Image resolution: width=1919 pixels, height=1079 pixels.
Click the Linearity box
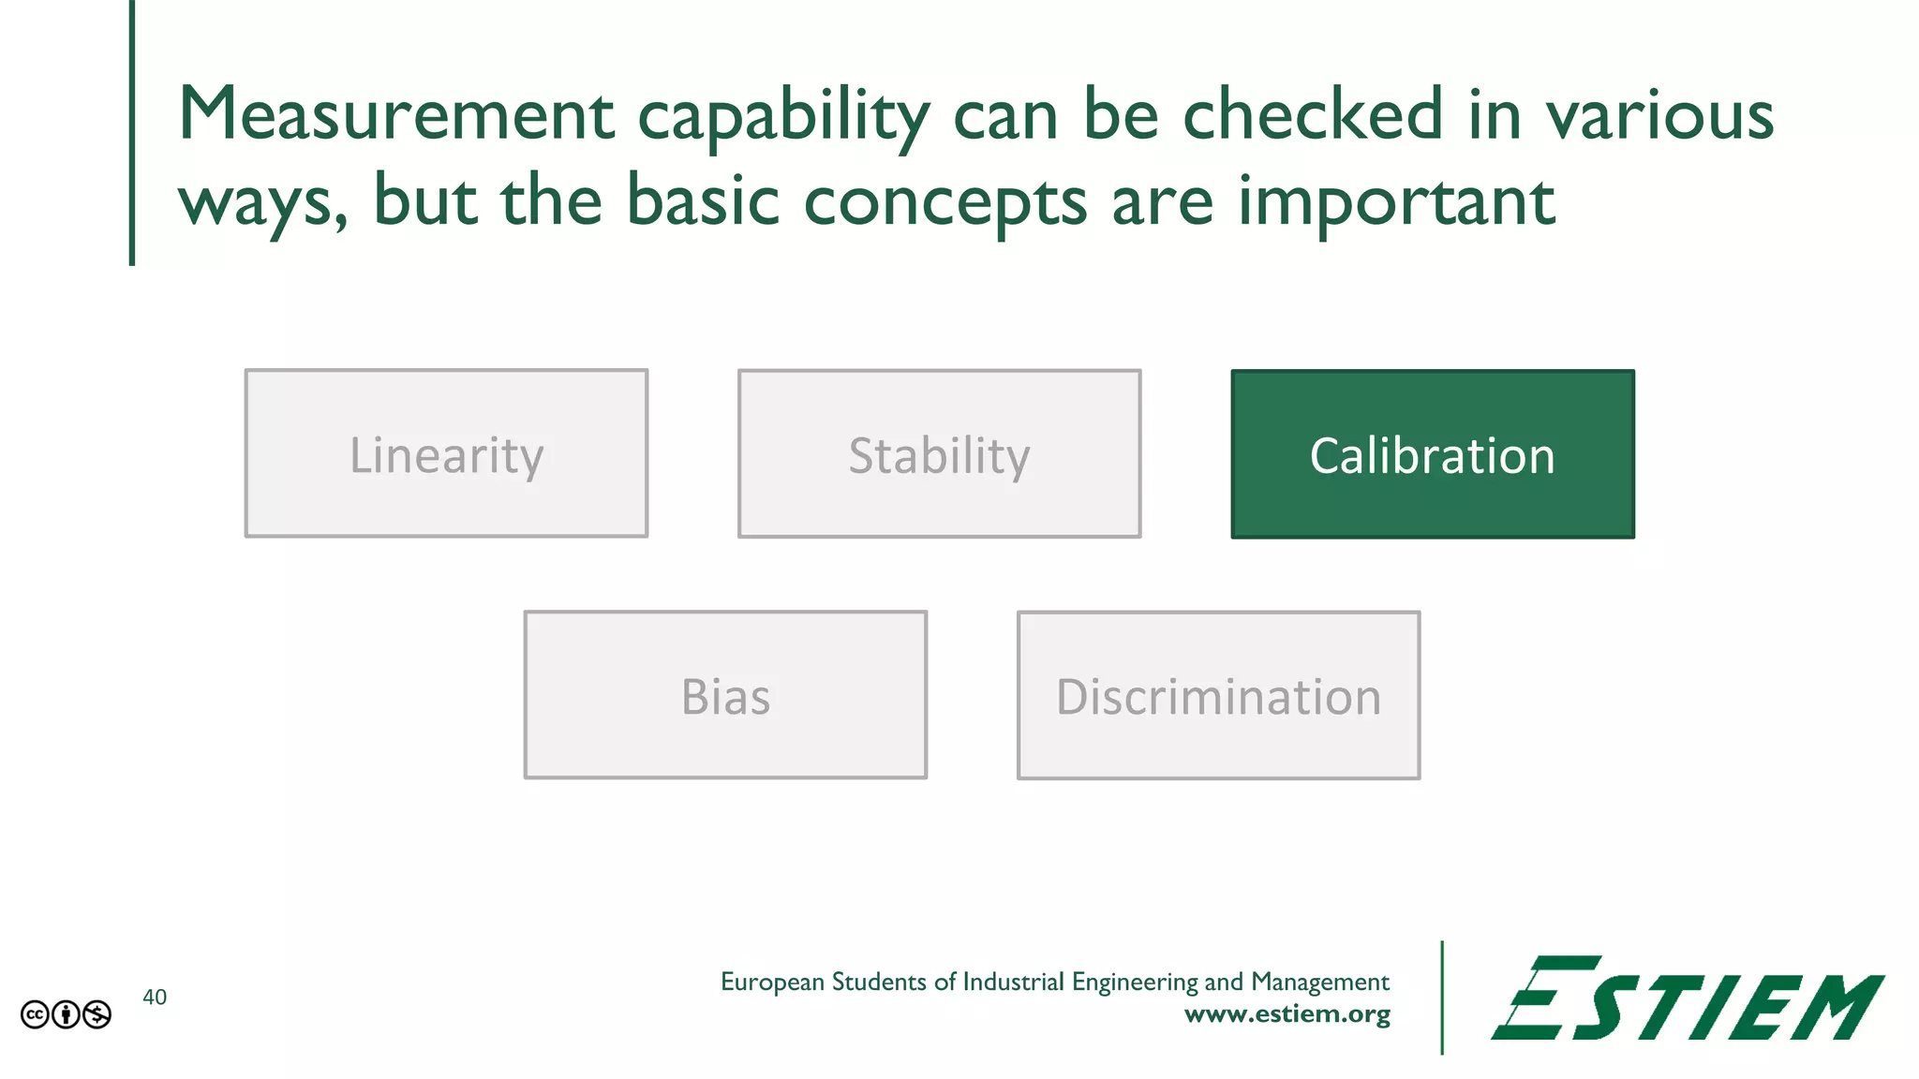[446, 453]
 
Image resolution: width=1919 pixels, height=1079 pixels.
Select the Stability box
[939, 453]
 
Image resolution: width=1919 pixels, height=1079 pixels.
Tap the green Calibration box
[1433, 453]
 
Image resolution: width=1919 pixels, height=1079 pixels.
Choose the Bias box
[725, 695]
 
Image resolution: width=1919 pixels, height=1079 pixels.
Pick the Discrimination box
[1218, 695]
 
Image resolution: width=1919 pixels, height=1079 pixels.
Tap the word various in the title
[1659, 116]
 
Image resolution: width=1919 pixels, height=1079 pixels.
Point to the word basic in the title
[703, 200]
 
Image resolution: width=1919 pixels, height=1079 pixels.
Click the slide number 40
[155, 998]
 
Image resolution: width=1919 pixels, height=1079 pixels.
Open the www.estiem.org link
[1287, 1014]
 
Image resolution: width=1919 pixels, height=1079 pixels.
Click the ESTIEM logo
[1687, 998]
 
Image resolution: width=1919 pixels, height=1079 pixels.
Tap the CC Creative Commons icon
[35, 1014]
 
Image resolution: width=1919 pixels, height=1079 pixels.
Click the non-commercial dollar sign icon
[97, 1014]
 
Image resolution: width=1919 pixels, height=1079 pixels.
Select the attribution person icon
[66, 1014]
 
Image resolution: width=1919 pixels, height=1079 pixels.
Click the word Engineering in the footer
[1135, 983]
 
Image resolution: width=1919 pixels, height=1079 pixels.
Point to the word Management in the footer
[1319, 983]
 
